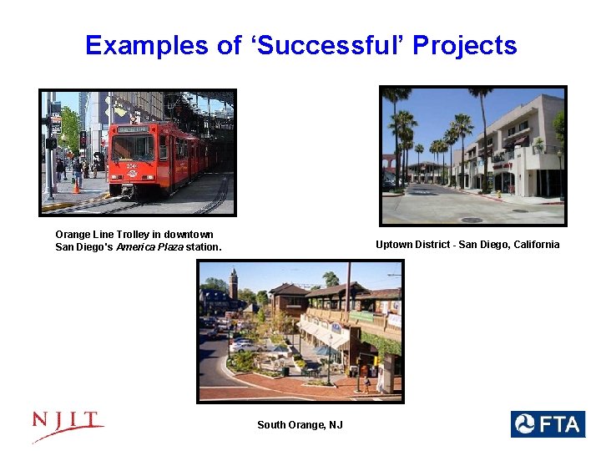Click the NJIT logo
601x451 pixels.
68,426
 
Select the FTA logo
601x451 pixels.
548,424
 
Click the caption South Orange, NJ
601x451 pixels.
300,425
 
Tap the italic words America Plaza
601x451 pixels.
149,247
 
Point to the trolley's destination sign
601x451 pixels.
131,129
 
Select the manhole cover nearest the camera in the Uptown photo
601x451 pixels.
472,220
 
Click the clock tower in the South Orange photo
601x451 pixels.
234,284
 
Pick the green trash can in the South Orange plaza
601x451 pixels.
285,371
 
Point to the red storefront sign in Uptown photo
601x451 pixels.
503,165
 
